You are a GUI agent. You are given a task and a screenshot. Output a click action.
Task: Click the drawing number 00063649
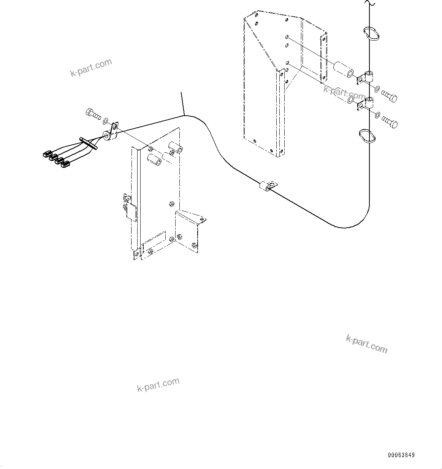pos(401,455)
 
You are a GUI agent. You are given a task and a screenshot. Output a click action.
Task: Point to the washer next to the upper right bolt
pos(377,89)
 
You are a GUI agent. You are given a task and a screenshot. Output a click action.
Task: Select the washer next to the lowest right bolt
pos(377,115)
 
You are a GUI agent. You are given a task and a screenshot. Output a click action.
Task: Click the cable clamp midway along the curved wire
pos(268,186)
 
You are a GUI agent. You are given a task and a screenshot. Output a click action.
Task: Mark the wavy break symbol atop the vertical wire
pos(369,3)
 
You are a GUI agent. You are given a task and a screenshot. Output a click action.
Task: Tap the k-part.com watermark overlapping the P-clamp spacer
pos(344,91)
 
